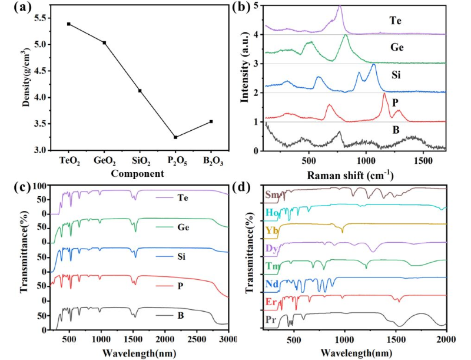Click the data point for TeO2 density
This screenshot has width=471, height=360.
69,24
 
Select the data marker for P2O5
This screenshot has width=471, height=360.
175,137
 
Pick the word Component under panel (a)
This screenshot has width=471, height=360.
140,174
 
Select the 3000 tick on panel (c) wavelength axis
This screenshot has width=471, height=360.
226,340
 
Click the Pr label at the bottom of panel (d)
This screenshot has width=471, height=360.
270,321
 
